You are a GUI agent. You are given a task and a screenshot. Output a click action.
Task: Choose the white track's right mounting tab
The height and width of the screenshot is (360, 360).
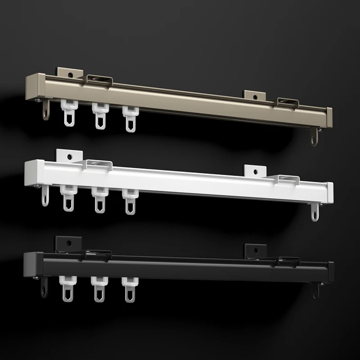click(256, 171)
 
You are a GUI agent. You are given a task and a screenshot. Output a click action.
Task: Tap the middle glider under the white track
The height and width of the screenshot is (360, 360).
click(99, 198)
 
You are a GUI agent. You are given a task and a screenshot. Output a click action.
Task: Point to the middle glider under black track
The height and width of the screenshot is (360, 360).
click(99, 288)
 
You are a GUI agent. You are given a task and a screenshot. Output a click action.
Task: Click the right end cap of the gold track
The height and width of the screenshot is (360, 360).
click(329, 117)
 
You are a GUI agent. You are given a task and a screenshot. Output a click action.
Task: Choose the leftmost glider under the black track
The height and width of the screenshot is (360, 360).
click(67, 288)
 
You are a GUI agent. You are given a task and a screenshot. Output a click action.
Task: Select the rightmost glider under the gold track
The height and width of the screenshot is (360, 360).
click(130, 118)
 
